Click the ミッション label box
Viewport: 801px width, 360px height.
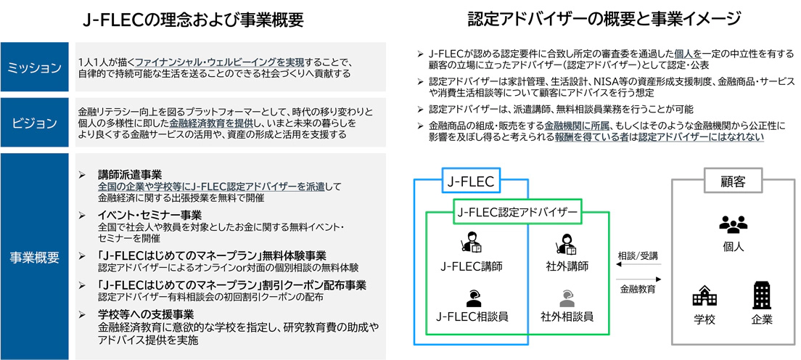(34, 68)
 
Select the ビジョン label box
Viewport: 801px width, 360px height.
(34, 120)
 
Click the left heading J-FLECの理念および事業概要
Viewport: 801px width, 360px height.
(193, 20)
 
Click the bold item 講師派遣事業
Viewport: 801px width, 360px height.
(130, 174)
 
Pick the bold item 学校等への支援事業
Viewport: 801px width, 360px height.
(145, 314)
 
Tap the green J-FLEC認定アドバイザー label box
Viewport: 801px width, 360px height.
(517, 213)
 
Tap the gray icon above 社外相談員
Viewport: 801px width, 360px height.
(566, 297)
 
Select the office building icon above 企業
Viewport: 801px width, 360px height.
(762, 295)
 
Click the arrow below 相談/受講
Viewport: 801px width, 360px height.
(638, 266)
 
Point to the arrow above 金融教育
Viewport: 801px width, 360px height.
(638, 279)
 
